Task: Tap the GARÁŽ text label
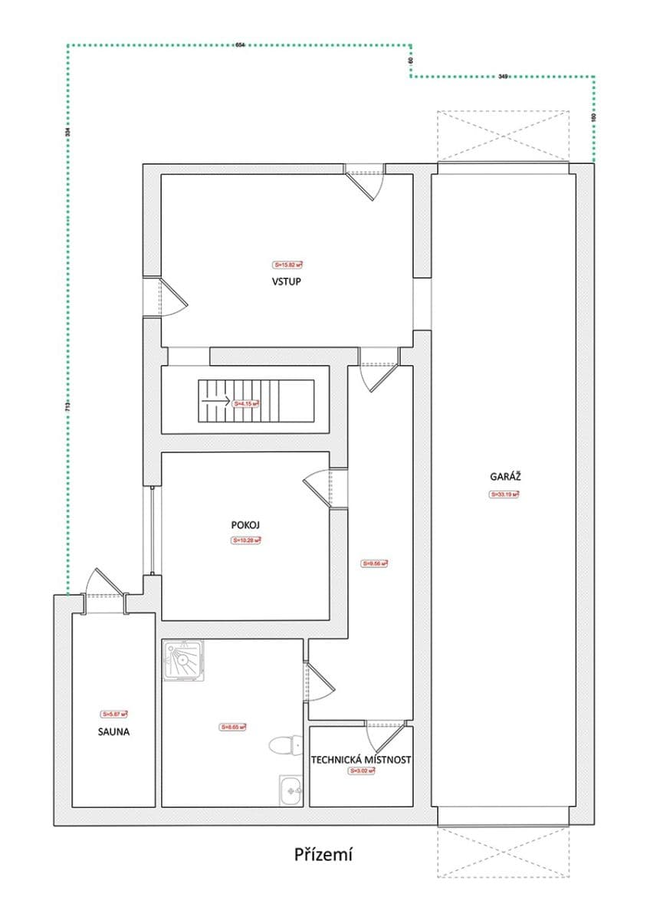click(x=505, y=476)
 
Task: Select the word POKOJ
click(x=246, y=526)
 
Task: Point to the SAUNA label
click(x=113, y=731)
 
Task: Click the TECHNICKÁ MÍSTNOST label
click(x=361, y=760)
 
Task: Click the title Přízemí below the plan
click(x=323, y=854)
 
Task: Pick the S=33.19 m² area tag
click(x=504, y=495)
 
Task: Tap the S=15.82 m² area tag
click(x=287, y=264)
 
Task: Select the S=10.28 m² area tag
click(x=246, y=540)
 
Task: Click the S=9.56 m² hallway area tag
click(x=375, y=563)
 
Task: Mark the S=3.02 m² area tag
click(x=361, y=771)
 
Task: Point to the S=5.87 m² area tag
click(x=114, y=713)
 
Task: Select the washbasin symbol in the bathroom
click(x=291, y=789)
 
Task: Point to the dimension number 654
click(x=240, y=46)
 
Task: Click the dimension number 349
click(x=503, y=76)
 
